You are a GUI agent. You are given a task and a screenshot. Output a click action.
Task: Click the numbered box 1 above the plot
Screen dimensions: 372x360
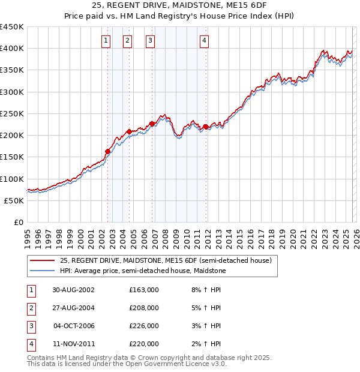click(x=106, y=41)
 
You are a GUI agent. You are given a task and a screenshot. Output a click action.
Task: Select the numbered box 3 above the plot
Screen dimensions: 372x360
click(x=150, y=41)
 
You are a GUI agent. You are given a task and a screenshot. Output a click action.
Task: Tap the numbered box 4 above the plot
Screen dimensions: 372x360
click(x=205, y=41)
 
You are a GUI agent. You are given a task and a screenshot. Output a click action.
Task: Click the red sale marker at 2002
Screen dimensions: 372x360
click(x=108, y=152)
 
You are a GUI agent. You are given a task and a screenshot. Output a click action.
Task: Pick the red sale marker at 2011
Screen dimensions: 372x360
click(x=206, y=127)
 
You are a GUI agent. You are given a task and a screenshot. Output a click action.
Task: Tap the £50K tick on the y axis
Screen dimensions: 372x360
click(x=14, y=200)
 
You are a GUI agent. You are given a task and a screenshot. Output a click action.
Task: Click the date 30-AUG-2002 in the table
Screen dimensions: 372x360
click(x=74, y=290)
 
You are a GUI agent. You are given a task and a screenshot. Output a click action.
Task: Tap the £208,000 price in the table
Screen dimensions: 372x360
click(x=144, y=308)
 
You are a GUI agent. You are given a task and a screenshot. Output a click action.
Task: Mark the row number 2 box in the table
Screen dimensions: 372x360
click(x=30, y=308)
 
